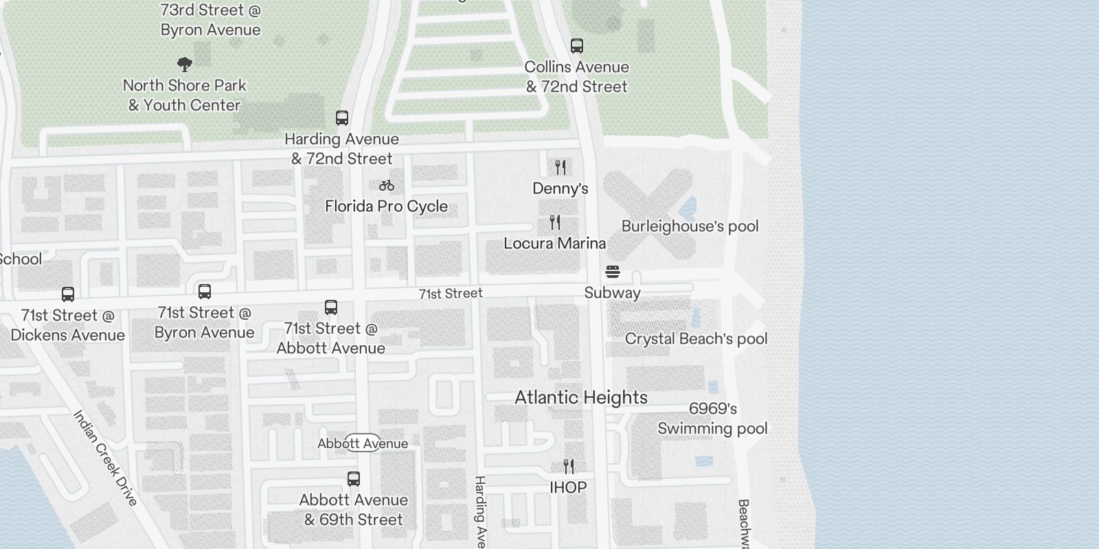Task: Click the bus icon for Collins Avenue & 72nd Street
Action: [x=577, y=46]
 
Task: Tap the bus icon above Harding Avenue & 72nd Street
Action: [x=342, y=118]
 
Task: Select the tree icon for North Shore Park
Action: [x=184, y=65]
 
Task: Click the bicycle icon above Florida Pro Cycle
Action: [x=387, y=185]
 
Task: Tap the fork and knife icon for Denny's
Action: [x=560, y=167]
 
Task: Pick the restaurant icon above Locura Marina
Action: [x=555, y=222]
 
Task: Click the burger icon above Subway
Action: [x=613, y=272]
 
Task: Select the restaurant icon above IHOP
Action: [x=569, y=467]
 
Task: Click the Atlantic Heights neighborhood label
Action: [x=581, y=397]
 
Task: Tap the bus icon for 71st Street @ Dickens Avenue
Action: [x=68, y=294]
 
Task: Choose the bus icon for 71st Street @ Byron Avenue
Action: [x=205, y=292]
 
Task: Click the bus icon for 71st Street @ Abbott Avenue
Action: [x=331, y=307]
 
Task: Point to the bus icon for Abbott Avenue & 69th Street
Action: [x=354, y=479]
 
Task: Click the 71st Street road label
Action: [x=451, y=294]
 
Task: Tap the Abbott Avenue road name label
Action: [x=363, y=443]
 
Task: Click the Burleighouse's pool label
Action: [x=690, y=226]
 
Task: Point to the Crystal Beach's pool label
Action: [x=696, y=339]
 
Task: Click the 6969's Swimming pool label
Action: [x=712, y=419]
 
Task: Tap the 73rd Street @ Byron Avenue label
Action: [x=210, y=20]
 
